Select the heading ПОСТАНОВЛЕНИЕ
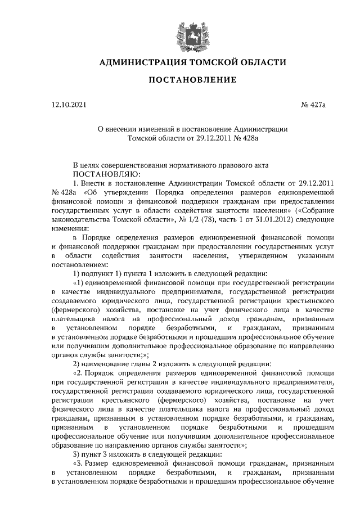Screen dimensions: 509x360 [x=192, y=80]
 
